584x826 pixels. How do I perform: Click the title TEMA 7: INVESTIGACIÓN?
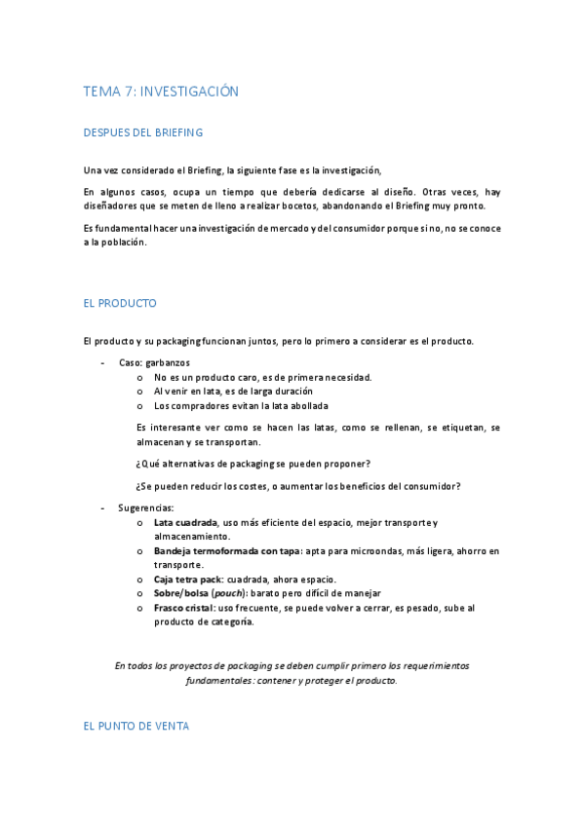coord(161,92)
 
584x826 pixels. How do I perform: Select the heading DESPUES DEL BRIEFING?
coord(143,132)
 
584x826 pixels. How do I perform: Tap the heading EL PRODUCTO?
coord(120,304)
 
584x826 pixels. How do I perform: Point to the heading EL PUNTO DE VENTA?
coord(136,727)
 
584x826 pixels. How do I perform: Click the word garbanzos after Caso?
coord(168,362)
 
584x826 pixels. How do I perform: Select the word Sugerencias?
coord(146,508)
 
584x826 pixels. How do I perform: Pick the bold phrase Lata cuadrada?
coord(185,523)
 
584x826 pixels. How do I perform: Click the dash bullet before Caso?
coord(103,362)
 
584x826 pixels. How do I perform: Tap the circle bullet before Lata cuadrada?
coord(141,523)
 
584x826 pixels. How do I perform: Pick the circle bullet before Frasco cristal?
coord(141,608)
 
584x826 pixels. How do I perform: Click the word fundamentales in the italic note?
coord(222,681)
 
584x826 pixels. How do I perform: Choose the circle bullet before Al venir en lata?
coord(141,391)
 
